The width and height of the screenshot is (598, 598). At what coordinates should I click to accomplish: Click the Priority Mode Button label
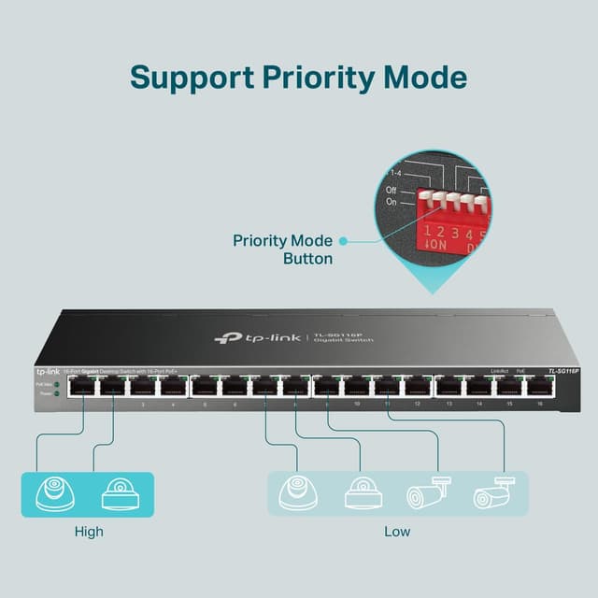point(282,249)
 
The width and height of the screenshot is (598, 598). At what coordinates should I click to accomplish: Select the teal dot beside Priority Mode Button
point(343,241)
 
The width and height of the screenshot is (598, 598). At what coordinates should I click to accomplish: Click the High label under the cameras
point(89,532)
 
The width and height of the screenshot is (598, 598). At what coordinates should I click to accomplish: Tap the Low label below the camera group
point(397,532)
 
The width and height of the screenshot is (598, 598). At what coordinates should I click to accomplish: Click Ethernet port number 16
point(539,386)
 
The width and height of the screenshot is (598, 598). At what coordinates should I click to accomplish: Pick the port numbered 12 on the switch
point(418,386)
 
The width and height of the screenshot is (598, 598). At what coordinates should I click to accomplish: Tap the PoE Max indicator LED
point(57,384)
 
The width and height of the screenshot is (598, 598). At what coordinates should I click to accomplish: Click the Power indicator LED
point(57,394)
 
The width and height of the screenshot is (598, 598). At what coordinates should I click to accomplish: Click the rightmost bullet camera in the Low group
point(491,492)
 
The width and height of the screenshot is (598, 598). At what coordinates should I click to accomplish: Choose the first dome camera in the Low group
point(298,492)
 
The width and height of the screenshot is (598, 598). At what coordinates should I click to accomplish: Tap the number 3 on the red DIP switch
point(454,232)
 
